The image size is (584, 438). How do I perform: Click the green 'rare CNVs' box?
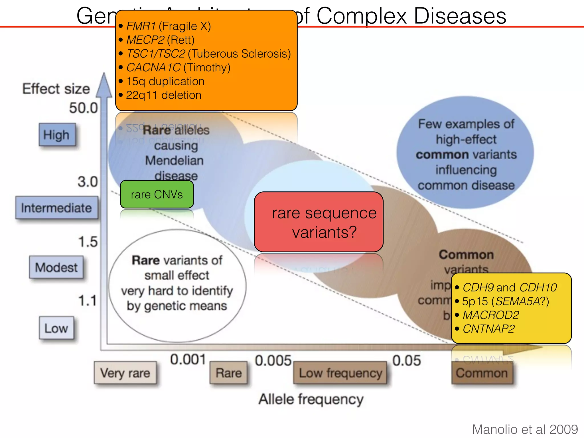tap(157, 194)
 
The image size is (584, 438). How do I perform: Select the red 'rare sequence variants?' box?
tap(318, 222)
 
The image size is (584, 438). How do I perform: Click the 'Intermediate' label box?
tap(56, 208)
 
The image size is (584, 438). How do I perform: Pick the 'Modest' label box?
tap(56, 267)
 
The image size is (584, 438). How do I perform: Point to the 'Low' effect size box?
tap(56, 328)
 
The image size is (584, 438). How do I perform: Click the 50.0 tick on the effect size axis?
tap(83, 108)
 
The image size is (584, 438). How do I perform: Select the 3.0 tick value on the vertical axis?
tap(88, 182)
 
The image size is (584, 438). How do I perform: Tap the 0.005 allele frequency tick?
tap(273, 361)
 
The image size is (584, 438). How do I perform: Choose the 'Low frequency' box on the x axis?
tap(340, 373)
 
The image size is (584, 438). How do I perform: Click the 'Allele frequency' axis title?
tap(311, 399)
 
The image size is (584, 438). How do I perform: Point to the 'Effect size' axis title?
tap(56, 89)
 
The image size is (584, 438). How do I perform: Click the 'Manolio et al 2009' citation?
tap(525, 429)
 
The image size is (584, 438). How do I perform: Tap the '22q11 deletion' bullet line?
tap(163, 95)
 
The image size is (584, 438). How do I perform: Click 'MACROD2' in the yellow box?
tap(491, 315)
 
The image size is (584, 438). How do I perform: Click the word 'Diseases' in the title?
tap(460, 16)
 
